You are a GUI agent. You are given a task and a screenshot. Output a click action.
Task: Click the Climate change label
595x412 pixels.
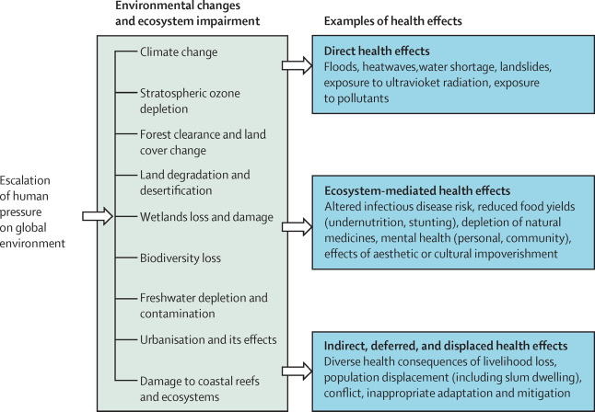coord(179,52)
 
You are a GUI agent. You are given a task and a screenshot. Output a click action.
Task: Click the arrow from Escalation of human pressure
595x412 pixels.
coord(96,216)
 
